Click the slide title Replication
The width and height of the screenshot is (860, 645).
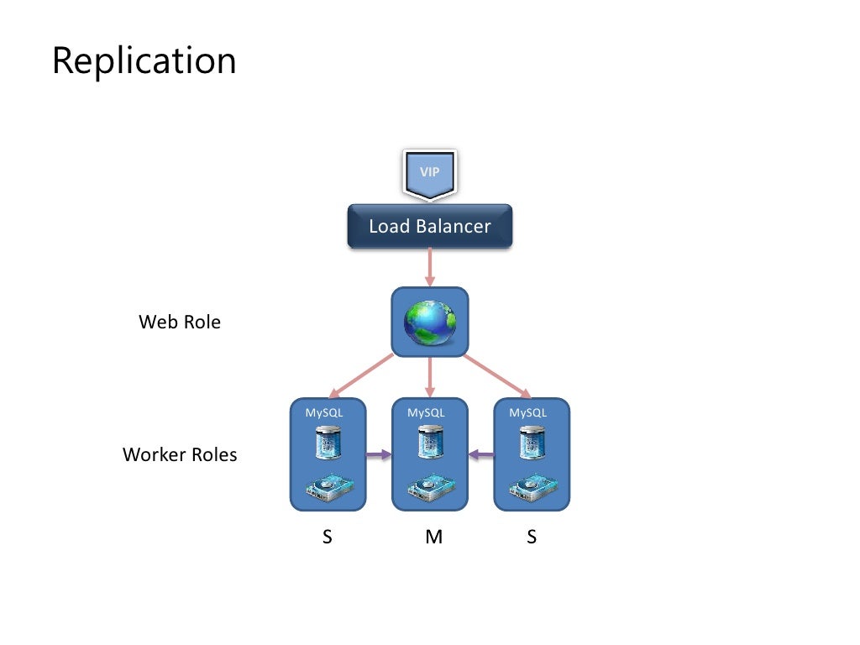(x=144, y=61)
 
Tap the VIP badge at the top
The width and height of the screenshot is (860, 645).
(x=429, y=173)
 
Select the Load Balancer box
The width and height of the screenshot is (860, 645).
(x=429, y=226)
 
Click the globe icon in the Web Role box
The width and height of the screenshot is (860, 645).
(x=429, y=322)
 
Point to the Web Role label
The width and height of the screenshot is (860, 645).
(x=180, y=322)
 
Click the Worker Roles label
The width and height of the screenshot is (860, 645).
(x=180, y=455)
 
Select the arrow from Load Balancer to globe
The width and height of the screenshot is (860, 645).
(x=429, y=267)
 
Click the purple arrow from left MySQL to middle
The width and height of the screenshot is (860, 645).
(x=379, y=455)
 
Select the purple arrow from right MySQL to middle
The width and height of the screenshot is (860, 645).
(x=481, y=455)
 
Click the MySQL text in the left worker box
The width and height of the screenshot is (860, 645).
(x=324, y=412)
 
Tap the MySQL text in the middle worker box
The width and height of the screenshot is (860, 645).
(x=426, y=412)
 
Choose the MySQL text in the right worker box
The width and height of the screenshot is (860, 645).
(x=527, y=412)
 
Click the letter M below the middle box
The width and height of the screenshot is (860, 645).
(x=433, y=537)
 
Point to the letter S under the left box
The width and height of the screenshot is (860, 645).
(x=328, y=537)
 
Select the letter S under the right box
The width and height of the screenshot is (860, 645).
(x=531, y=537)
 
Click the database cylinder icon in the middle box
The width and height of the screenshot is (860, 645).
(x=430, y=442)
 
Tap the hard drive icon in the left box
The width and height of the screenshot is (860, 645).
(x=328, y=489)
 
